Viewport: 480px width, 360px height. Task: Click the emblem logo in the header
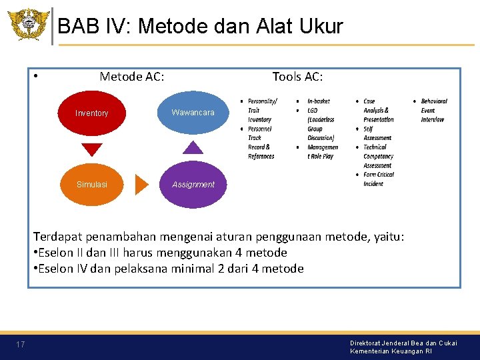coord(28,25)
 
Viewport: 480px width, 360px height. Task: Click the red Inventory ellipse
coord(92,113)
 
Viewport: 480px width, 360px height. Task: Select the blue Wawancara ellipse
coord(193,113)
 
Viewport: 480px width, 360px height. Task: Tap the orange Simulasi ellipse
coord(92,184)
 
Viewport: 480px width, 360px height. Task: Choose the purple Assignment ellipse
coord(193,184)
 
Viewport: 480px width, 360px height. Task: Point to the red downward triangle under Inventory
coord(92,149)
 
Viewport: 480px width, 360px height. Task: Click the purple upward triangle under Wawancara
coord(193,147)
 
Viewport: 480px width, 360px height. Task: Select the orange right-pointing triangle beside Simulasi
coord(141,184)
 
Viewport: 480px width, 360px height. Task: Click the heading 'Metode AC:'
coord(132,77)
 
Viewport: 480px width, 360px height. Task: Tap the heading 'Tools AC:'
coord(297,77)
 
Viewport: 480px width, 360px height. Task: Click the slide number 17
coord(21,345)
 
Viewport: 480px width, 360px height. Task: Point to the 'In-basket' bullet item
coord(318,101)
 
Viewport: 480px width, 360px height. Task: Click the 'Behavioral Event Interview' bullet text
coord(433,111)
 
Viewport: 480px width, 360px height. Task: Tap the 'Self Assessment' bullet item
coord(377,133)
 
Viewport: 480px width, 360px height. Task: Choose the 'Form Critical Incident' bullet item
coord(378,179)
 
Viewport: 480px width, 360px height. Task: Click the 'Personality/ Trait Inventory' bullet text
coord(261,111)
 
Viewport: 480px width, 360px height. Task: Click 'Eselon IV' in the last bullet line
coord(67,269)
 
